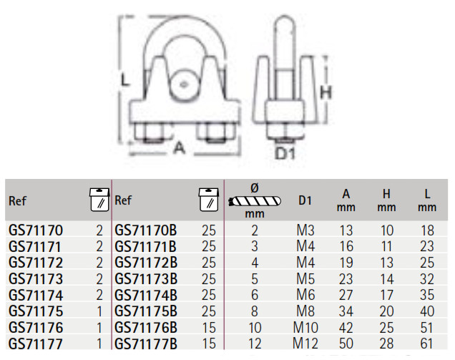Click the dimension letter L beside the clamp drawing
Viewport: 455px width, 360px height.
124,80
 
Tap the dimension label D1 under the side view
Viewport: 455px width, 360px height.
285,153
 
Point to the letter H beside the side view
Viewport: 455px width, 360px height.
326,92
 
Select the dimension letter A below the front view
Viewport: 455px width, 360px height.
179,147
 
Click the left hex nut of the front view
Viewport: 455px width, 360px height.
149,132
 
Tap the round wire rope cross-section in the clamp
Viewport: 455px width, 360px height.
183,84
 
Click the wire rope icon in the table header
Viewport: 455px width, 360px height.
255,201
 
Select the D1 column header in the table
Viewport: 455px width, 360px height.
305,200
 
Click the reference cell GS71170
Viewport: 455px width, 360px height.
36,230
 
